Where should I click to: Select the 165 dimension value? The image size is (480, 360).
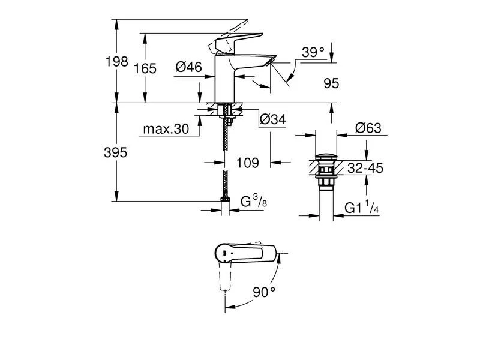point(145,68)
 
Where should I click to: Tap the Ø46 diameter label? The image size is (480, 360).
point(188,68)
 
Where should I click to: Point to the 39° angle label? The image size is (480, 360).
point(313,53)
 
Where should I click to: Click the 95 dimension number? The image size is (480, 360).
point(331,84)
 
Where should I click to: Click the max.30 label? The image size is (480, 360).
point(167,129)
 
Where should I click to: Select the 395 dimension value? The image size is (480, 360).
point(115,153)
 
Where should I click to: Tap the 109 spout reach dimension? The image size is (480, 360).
point(247,163)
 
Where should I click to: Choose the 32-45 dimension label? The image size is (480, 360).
point(365,169)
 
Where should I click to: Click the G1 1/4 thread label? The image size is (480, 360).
point(361,208)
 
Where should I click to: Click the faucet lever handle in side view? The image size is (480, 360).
point(231,40)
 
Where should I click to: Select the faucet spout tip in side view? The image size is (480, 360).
point(271,62)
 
